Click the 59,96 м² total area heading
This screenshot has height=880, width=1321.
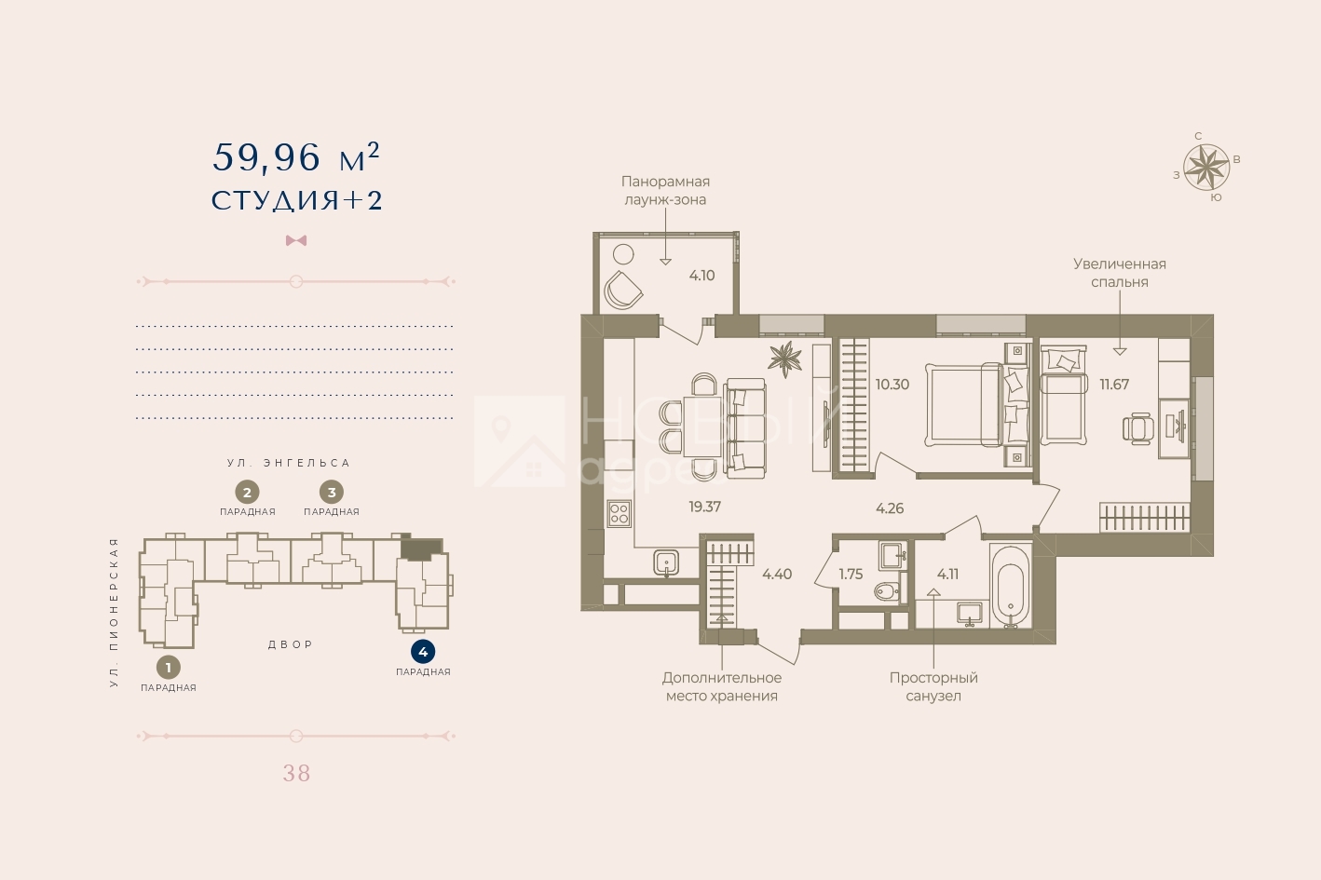click(x=296, y=157)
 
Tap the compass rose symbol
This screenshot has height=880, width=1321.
click(x=1206, y=168)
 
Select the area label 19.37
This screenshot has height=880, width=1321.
click(x=704, y=507)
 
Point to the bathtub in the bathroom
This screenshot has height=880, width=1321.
click(x=1010, y=586)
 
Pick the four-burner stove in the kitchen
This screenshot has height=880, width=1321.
click(x=620, y=513)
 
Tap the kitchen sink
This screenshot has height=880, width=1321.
click(x=666, y=562)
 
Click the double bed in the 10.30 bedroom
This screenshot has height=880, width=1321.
click(x=964, y=404)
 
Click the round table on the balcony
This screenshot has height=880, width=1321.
click(x=623, y=254)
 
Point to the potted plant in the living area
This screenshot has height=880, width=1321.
click(x=785, y=359)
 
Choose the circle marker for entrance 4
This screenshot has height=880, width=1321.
click(x=423, y=652)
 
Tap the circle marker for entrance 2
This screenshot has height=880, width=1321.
click(x=247, y=493)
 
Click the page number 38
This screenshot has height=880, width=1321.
click(x=296, y=773)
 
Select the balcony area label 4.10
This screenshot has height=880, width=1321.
click(x=701, y=276)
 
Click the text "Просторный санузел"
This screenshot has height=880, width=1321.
click(x=933, y=686)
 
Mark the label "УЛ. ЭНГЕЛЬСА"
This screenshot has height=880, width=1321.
click(x=289, y=464)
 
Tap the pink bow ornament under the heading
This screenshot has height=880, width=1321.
click(x=296, y=240)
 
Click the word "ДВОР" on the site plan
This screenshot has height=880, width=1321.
click(x=291, y=644)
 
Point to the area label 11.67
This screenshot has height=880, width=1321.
click(x=1114, y=385)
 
